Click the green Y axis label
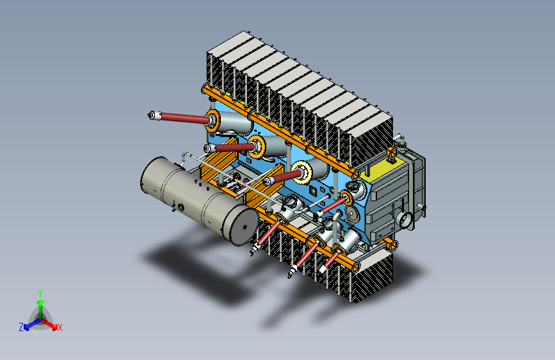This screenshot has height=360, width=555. click(40, 293)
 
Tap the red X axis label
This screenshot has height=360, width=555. click(60, 327)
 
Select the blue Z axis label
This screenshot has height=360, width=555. click(21, 327)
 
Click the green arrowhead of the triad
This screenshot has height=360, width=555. click(41, 302)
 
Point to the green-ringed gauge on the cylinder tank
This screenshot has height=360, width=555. click(181, 208)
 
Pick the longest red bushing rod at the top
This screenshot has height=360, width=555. click(184, 117)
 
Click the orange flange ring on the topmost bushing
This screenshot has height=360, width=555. click(213, 121)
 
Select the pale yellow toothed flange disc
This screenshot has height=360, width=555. click(302, 172)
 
